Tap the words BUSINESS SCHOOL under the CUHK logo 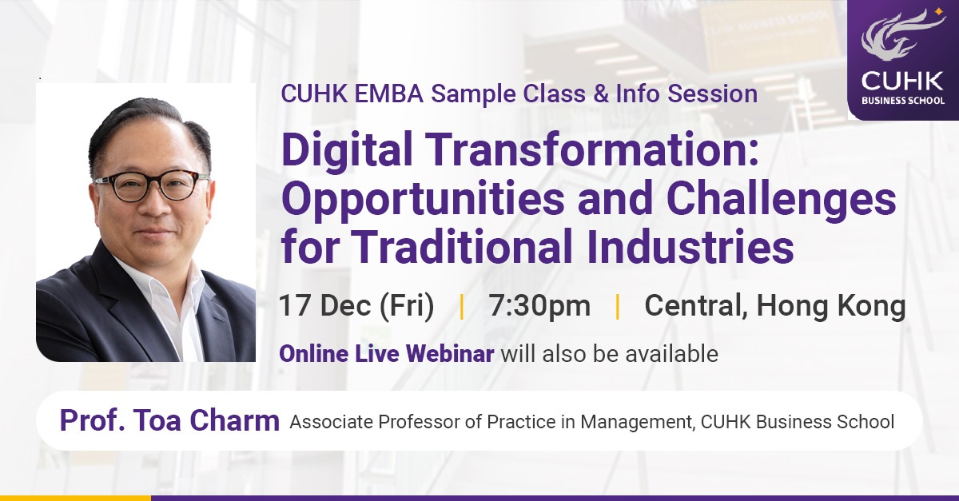[x=903, y=101]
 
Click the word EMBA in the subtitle [x=388, y=93]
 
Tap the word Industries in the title [x=690, y=246]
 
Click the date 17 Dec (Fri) [x=356, y=306]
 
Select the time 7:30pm [x=540, y=306]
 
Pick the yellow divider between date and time [x=462, y=307]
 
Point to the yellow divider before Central [x=617, y=307]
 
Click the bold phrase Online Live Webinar [x=387, y=354]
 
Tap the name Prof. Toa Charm [x=169, y=420]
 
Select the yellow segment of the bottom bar [x=75, y=498]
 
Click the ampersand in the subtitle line [x=601, y=93]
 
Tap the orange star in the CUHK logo [x=939, y=13]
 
